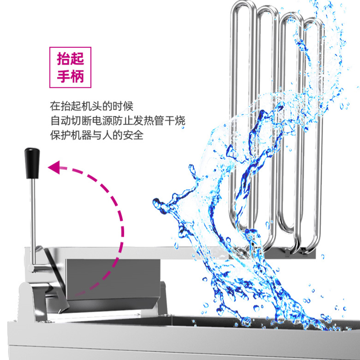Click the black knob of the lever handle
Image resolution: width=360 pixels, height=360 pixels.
click(x=30, y=162)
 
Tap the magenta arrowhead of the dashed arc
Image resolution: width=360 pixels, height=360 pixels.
click(x=54, y=168)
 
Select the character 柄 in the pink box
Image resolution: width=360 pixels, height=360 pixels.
click(x=77, y=76)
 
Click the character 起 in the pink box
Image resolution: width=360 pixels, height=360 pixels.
click(x=77, y=60)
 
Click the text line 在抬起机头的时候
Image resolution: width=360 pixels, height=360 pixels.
click(x=92, y=106)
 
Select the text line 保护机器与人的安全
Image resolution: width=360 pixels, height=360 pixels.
click(x=97, y=135)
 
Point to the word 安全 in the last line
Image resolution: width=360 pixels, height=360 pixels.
click(x=134, y=135)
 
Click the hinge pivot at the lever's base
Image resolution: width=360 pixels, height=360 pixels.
click(x=33, y=267)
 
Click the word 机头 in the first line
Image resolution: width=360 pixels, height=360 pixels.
click(x=92, y=106)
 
